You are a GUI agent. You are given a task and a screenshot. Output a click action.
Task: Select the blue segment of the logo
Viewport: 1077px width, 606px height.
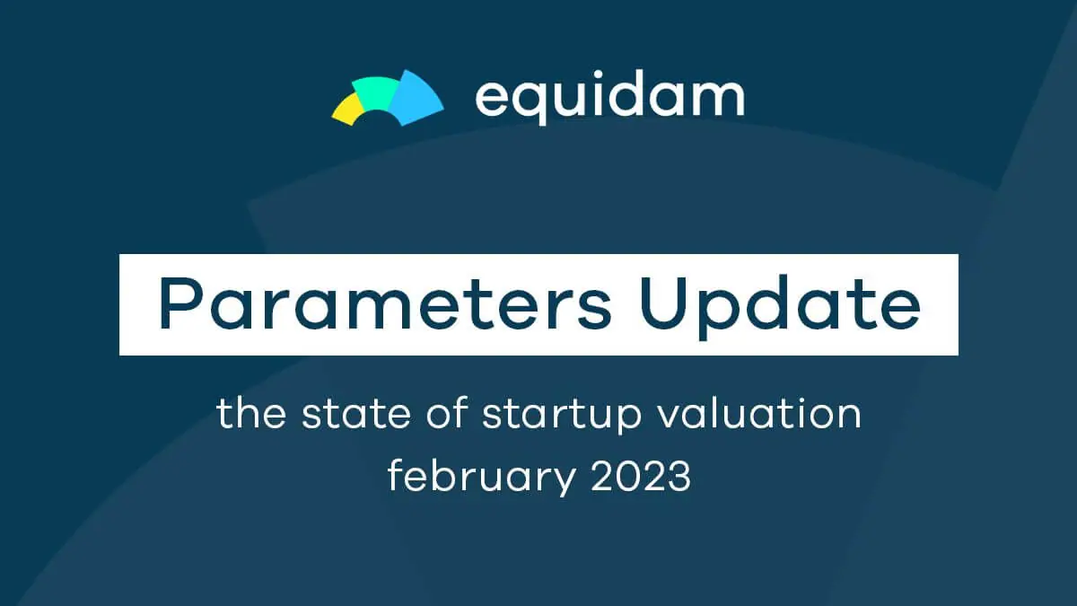(x=416, y=99)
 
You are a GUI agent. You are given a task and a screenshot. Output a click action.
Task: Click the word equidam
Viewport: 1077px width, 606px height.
(x=609, y=98)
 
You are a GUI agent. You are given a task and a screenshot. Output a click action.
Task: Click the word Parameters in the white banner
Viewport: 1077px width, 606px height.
(x=386, y=304)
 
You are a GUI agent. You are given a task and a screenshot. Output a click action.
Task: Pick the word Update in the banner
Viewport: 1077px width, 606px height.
(x=780, y=307)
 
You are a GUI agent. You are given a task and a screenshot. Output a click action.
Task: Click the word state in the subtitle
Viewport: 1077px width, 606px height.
(x=356, y=413)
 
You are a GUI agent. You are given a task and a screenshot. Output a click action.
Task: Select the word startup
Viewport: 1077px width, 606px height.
(x=562, y=417)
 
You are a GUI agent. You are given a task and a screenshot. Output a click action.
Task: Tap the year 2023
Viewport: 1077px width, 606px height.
(x=642, y=476)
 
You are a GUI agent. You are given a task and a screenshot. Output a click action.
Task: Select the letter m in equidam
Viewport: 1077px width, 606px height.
(x=717, y=99)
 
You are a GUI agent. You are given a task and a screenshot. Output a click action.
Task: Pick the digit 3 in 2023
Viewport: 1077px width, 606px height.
(x=679, y=476)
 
